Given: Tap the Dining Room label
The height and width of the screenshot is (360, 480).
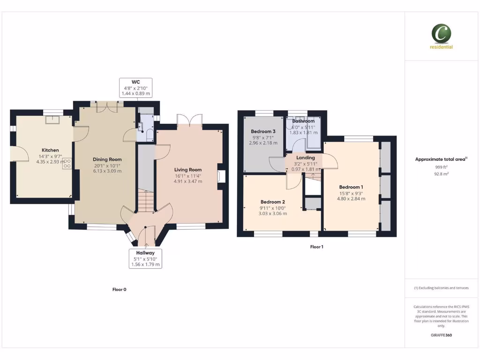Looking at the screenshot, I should coord(107,159).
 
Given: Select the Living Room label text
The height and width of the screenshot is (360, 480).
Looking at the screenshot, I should coord(188,170).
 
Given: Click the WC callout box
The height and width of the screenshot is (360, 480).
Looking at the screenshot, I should coord(136,87).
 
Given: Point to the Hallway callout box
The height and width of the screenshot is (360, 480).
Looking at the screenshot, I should coord(145,258).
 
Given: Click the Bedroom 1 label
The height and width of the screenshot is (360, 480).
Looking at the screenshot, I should coord(351,187).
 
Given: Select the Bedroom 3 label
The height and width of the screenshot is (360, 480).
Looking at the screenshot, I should coord(263,131).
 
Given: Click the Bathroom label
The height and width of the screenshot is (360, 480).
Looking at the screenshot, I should coord(303,121).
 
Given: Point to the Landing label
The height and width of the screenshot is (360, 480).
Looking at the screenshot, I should coord(305,158).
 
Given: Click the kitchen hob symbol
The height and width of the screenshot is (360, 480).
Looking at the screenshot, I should coord(67,164).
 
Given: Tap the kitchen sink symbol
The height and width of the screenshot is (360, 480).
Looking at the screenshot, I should coord(50,119).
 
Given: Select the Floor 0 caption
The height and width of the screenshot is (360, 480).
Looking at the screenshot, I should coord(119,290).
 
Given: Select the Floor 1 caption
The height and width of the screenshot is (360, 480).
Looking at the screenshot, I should coord(317,247).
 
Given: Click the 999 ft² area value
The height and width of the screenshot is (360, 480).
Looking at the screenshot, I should coord(441,167).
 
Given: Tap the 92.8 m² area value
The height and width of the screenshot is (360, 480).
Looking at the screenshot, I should coord(441,174).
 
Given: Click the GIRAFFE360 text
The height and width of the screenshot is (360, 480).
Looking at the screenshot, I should coord(441,335).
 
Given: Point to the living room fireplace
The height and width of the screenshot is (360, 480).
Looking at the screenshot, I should coord(221,176).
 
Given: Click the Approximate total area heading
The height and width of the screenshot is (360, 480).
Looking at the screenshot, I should coord(441,159).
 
